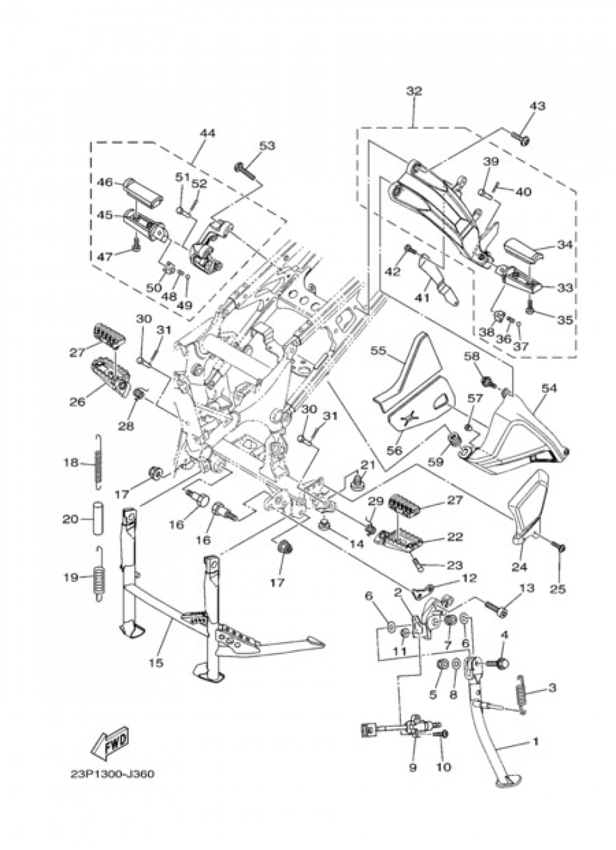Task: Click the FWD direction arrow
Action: (x=111, y=743)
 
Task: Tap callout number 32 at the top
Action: (x=414, y=91)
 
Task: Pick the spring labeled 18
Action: (x=97, y=462)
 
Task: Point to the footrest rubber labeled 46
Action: (x=144, y=191)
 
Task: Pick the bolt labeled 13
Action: (x=495, y=609)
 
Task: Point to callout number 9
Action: (x=412, y=767)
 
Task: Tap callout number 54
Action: (x=549, y=388)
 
